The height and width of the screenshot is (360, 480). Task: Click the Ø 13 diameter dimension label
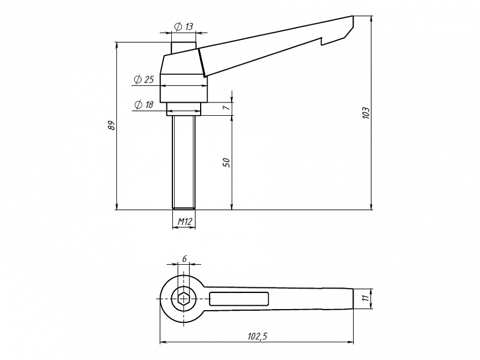(183, 27)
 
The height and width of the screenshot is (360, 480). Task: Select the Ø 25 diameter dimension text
(144, 80)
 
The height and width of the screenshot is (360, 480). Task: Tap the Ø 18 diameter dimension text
(144, 105)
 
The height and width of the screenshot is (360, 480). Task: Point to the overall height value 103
(366, 113)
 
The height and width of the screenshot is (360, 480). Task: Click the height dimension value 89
(112, 125)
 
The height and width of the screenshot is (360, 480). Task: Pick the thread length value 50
(227, 162)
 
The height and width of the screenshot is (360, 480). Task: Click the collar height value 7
(226, 107)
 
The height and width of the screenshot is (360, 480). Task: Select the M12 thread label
(185, 221)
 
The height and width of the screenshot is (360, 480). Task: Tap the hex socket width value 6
(184, 259)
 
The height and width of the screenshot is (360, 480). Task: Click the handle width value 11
(364, 298)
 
